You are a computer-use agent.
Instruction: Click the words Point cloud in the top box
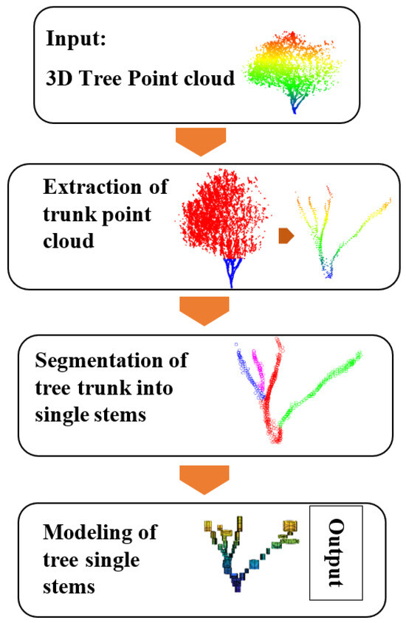182,78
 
